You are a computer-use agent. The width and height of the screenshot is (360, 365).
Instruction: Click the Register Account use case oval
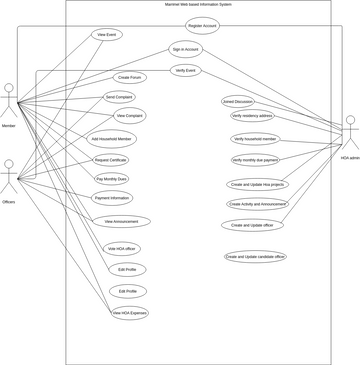[x=202, y=26]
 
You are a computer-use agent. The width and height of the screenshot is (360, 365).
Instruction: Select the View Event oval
[x=108, y=34]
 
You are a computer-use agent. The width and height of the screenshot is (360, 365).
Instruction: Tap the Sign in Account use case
[x=185, y=49]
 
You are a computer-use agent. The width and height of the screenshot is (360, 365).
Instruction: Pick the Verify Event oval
[x=185, y=70]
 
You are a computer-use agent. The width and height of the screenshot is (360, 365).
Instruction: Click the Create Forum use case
[x=130, y=77]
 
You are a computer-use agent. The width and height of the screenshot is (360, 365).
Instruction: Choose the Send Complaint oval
[x=119, y=97]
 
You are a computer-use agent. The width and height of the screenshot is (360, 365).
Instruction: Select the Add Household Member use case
[x=111, y=139]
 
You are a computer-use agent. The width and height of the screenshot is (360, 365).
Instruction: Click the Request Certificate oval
[x=111, y=160]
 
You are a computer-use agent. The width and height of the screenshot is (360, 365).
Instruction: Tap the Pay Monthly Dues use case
[x=111, y=178]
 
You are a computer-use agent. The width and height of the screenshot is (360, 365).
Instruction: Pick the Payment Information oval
[x=112, y=198]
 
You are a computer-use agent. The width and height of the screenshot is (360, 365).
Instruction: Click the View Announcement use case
[x=126, y=222]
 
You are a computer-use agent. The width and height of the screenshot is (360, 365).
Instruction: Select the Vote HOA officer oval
[x=122, y=248]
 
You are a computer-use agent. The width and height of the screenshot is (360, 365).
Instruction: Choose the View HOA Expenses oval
[x=129, y=313]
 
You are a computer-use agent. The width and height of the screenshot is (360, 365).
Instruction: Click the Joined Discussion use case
[x=237, y=101]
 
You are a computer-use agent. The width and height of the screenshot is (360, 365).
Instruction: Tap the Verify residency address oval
[x=251, y=116]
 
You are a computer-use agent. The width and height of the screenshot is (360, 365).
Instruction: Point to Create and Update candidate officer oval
[x=255, y=257]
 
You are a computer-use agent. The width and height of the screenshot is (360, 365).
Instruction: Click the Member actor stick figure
[x=9, y=102]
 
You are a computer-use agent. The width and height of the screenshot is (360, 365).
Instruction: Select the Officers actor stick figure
[x=9, y=177]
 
